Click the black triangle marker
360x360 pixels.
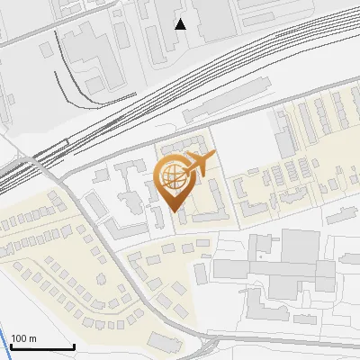coord(181,24)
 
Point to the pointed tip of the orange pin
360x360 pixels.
coord(175,213)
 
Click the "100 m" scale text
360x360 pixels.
coord(23,337)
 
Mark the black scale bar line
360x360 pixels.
coord(42,346)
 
